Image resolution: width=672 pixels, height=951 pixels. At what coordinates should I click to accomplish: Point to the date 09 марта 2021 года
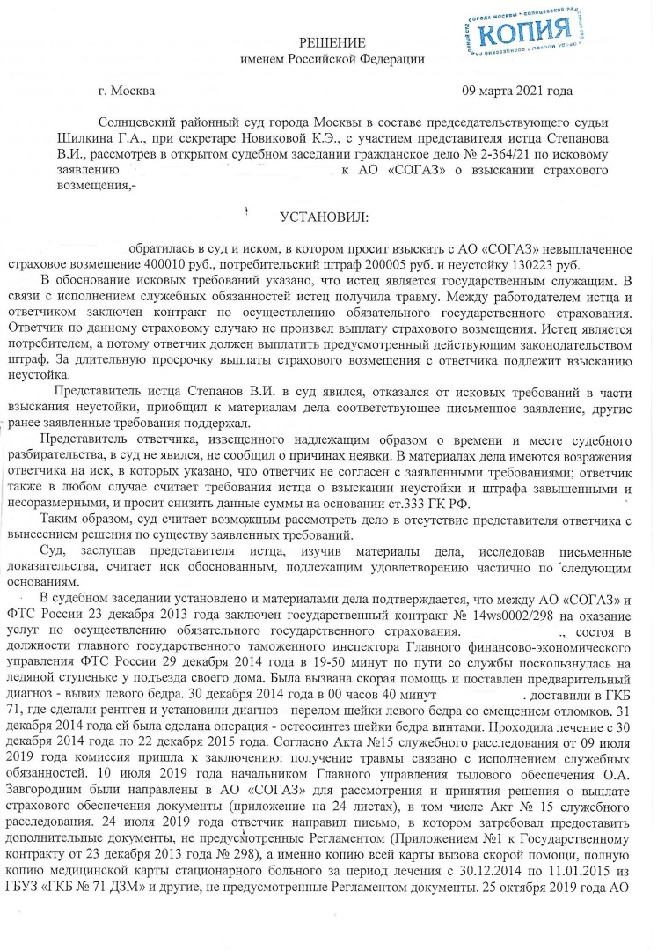[x=518, y=91]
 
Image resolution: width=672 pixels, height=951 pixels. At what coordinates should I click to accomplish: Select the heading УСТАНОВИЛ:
[x=324, y=217]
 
